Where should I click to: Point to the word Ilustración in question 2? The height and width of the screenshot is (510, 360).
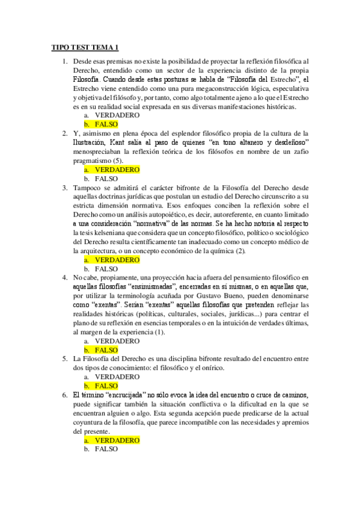point(90,142)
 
